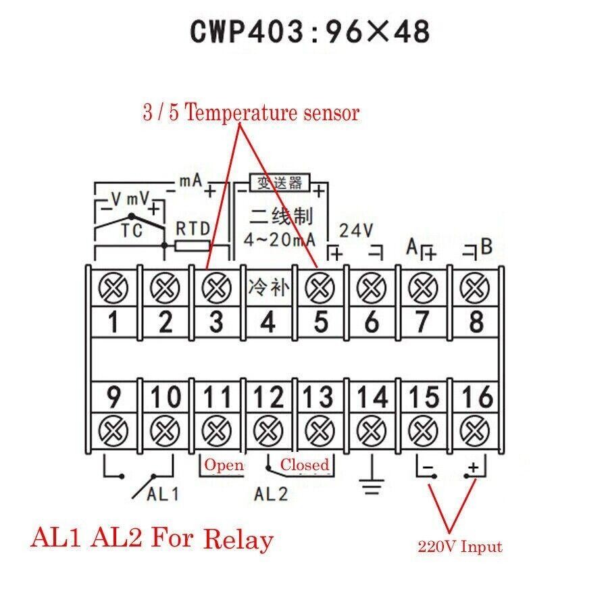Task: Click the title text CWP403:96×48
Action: tap(310, 32)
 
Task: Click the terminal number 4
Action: tap(268, 322)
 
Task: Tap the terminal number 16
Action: tap(476, 397)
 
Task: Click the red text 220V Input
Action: tap(459, 547)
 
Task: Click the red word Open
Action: tap(224, 465)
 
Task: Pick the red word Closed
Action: tap(305, 465)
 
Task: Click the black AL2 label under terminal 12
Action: tap(271, 494)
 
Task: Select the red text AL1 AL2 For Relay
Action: tap(152, 539)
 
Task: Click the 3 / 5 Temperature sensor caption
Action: tap(251, 113)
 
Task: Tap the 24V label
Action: tap(355, 230)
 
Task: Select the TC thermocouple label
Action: tap(132, 231)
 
